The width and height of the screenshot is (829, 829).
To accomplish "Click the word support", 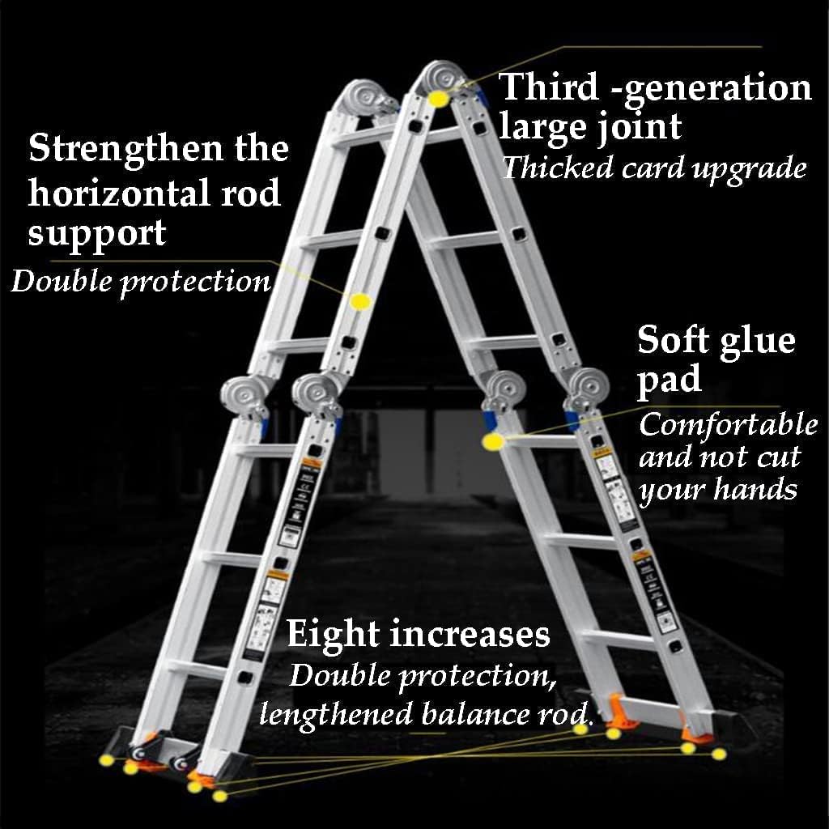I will point(96,234).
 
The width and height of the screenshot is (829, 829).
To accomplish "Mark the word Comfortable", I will point(728,423).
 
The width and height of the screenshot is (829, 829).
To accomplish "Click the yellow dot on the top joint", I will point(439,99).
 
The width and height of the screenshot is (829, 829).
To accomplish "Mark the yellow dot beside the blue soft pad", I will point(492,442).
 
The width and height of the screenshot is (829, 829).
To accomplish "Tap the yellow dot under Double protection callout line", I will point(361,301).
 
